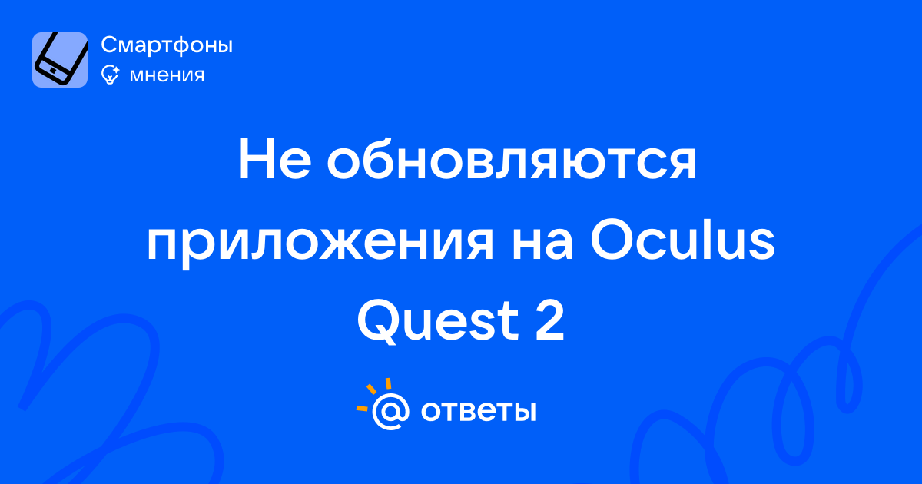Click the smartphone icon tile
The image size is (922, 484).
60,60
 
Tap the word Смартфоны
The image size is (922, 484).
167,45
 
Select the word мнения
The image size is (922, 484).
167,75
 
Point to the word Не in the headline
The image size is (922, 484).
274,160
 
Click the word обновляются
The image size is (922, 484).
512,160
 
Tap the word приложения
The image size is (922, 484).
320,243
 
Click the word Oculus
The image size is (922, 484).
683,240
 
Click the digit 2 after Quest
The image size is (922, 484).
549,320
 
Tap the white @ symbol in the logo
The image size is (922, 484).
390,411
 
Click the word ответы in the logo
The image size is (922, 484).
478,411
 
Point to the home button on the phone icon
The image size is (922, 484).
52,71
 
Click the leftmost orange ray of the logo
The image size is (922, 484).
362,408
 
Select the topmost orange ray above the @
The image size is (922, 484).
388,383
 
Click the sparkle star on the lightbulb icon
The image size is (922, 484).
114,70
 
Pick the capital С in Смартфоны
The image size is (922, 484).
111,45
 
